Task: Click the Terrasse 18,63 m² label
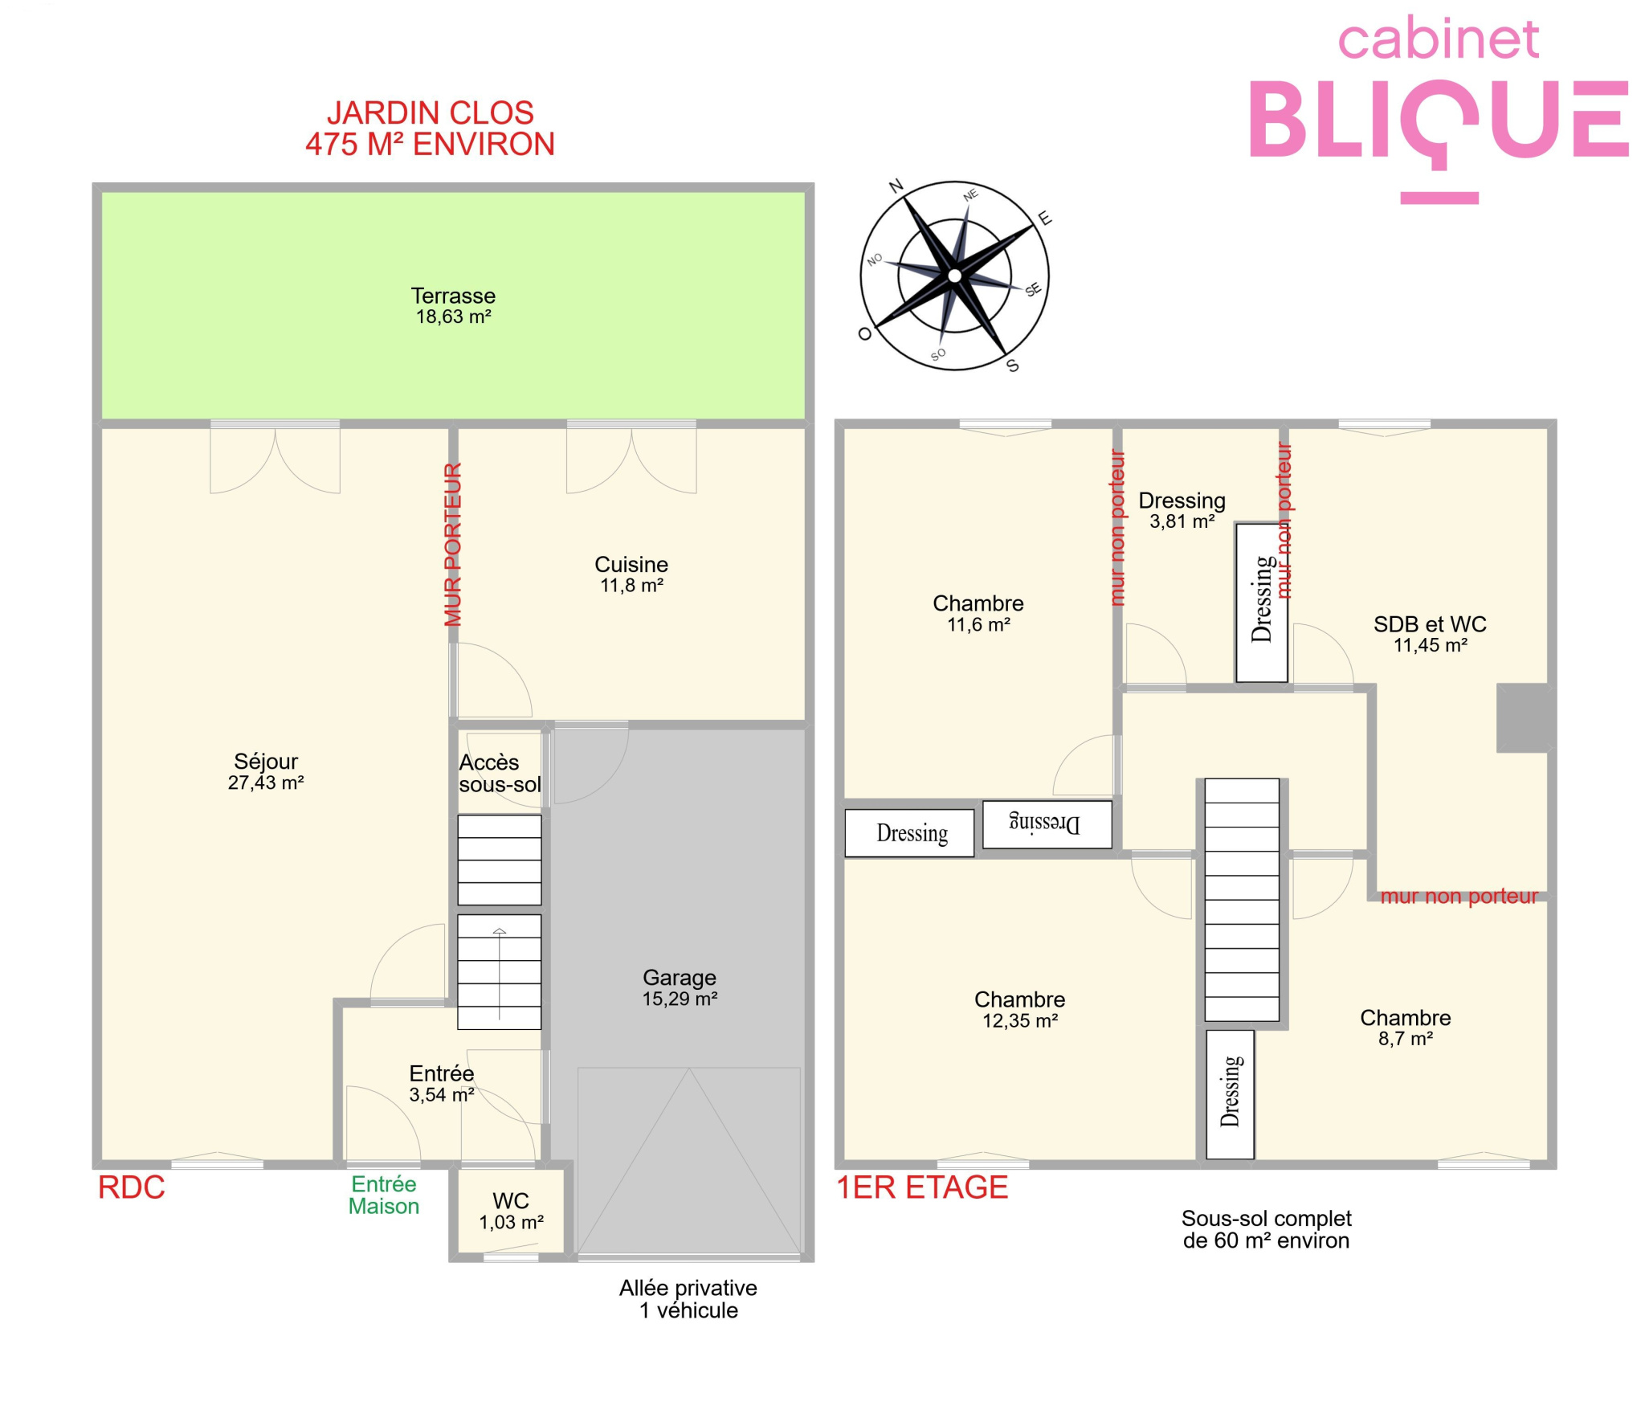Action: tap(453, 306)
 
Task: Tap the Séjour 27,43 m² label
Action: tap(266, 771)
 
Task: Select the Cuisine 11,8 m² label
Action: tap(631, 574)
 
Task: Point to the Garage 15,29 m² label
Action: tap(680, 987)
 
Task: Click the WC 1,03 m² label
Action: tap(511, 1212)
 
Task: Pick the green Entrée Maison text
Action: tap(384, 1195)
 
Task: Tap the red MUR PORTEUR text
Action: tap(453, 544)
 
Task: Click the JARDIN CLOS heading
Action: tap(431, 112)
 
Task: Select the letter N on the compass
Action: tap(896, 186)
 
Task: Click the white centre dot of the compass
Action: tap(954, 276)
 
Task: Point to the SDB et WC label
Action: tap(1430, 623)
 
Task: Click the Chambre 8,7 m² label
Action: tap(1406, 1028)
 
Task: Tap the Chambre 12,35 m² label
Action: tap(1020, 1009)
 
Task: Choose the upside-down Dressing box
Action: tap(1047, 824)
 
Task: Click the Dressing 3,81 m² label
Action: tap(1182, 510)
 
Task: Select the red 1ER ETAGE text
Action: tap(922, 1187)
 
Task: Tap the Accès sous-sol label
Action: tap(500, 773)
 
